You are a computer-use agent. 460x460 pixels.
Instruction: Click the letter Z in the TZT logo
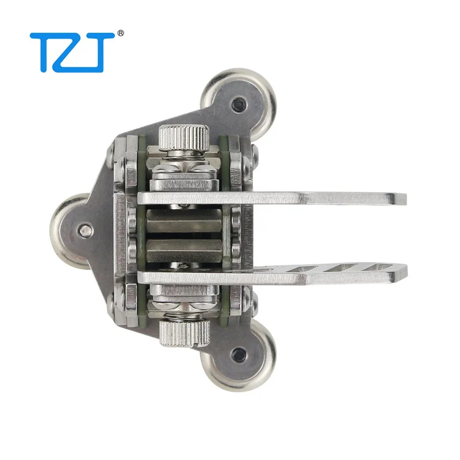point(75,52)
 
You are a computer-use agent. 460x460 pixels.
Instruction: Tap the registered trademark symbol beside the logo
point(120,34)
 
